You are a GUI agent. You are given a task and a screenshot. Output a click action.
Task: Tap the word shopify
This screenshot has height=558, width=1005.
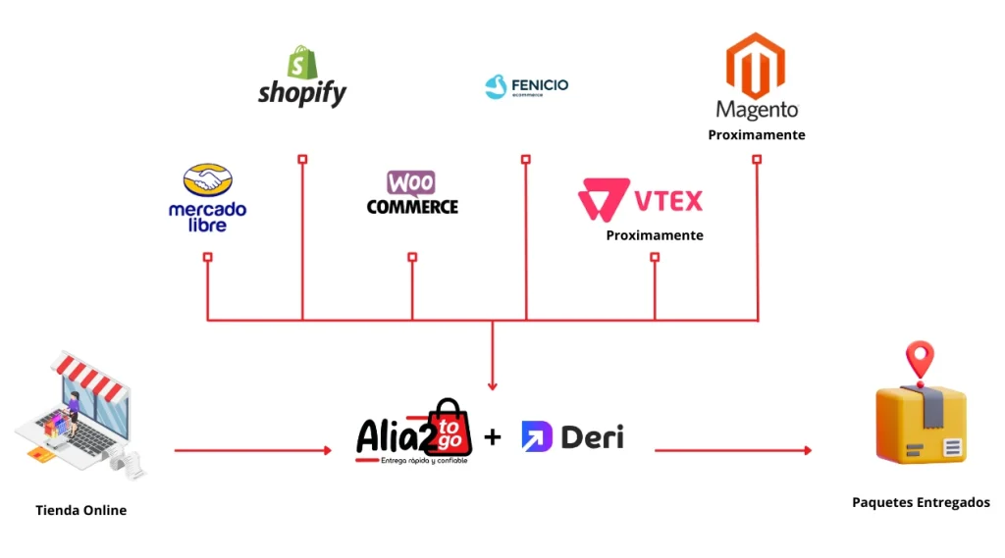click(302, 93)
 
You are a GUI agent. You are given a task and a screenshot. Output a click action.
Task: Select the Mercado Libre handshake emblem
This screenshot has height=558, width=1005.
click(207, 181)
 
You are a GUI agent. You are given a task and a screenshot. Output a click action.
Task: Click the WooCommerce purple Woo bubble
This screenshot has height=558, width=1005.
click(411, 182)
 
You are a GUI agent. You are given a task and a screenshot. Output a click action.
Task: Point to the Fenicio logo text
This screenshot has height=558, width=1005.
click(539, 85)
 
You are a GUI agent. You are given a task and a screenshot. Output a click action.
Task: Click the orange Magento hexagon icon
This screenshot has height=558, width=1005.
click(756, 64)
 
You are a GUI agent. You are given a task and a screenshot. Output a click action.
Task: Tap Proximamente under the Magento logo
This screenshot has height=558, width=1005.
click(756, 134)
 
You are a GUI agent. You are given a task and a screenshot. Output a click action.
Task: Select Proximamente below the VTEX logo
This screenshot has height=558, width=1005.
click(654, 235)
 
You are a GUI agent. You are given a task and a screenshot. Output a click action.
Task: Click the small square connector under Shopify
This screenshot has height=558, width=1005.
click(302, 159)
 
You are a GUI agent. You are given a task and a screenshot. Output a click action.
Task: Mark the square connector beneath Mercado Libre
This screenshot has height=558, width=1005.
click(207, 257)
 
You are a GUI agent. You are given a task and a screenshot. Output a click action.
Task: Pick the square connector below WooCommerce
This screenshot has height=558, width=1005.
click(412, 257)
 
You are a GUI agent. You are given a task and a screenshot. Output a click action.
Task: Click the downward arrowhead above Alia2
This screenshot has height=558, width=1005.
click(493, 385)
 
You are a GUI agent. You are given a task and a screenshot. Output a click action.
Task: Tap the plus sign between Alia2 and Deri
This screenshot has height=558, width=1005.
click(493, 437)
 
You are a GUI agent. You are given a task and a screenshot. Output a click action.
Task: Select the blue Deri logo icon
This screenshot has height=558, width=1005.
click(537, 436)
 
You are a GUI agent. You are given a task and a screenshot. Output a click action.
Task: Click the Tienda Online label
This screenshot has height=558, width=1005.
click(80, 510)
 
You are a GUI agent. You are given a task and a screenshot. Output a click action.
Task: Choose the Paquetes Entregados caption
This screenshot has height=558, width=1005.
click(920, 502)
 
